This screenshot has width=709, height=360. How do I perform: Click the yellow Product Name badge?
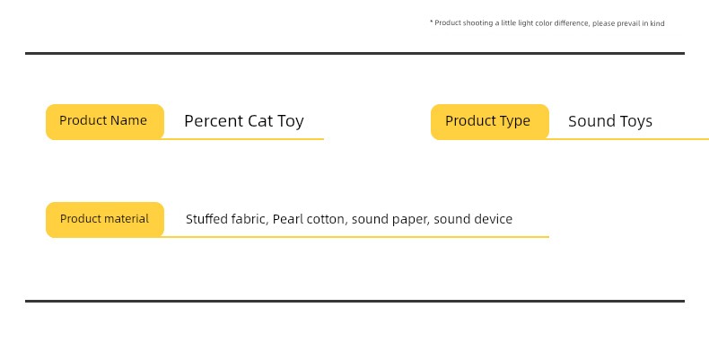tap(105, 122)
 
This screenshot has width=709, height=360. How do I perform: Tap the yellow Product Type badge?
tap(490, 122)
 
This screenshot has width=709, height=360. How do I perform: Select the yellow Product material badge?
tap(105, 220)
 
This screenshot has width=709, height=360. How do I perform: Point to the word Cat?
tap(260, 121)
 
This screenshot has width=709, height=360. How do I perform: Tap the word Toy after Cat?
tap(290, 122)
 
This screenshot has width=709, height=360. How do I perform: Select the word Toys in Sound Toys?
tap(635, 122)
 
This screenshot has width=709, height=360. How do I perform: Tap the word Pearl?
tap(287, 219)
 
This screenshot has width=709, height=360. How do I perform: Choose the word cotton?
tap(327, 219)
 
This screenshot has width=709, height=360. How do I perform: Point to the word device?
tap(493, 219)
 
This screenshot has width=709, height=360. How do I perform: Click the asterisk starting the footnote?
tap(432, 22)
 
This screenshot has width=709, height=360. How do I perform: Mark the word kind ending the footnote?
tap(658, 23)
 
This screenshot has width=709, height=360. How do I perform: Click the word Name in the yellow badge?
tap(128, 121)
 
